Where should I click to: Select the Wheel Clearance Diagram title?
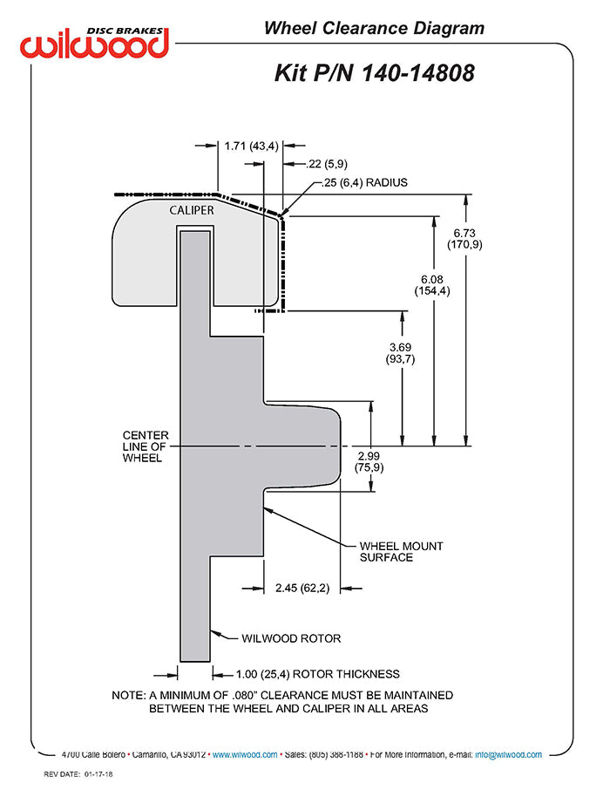pyautogui.click(x=374, y=29)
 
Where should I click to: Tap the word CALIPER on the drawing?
pyautogui.click(x=191, y=209)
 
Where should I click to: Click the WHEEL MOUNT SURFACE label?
pyautogui.click(x=401, y=551)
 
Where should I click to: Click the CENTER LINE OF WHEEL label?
pyautogui.click(x=146, y=446)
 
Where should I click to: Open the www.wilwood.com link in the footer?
pyautogui.click(x=245, y=754)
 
